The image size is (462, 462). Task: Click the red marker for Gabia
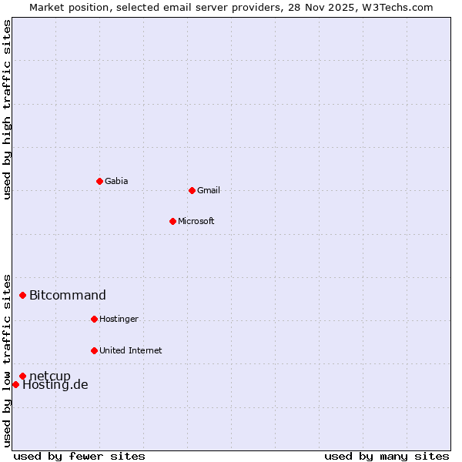coord(99,181)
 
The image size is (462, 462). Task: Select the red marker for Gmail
coord(192,190)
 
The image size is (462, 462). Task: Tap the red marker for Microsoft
coord(172,221)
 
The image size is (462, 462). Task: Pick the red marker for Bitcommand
coord(23,295)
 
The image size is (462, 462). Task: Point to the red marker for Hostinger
coord(94,319)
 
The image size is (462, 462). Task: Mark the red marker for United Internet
coord(94,350)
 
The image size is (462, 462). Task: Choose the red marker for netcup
coord(23,376)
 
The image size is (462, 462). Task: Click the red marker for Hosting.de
coord(15,384)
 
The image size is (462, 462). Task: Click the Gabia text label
coord(116,181)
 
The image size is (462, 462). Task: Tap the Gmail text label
coord(209,190)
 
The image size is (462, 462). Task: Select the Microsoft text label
coord(196,221)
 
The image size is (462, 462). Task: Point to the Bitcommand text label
coord(68,295)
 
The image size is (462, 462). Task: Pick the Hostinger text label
coord(119,319)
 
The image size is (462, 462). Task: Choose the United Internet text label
coord(130,350)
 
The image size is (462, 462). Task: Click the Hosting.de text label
coord(55,385)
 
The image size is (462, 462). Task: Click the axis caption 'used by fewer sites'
coord(79,456)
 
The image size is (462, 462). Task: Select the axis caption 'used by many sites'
coord(387,456)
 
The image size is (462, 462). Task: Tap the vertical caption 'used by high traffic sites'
coord(8,109)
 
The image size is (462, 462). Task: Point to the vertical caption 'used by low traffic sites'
coord(8,360)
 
